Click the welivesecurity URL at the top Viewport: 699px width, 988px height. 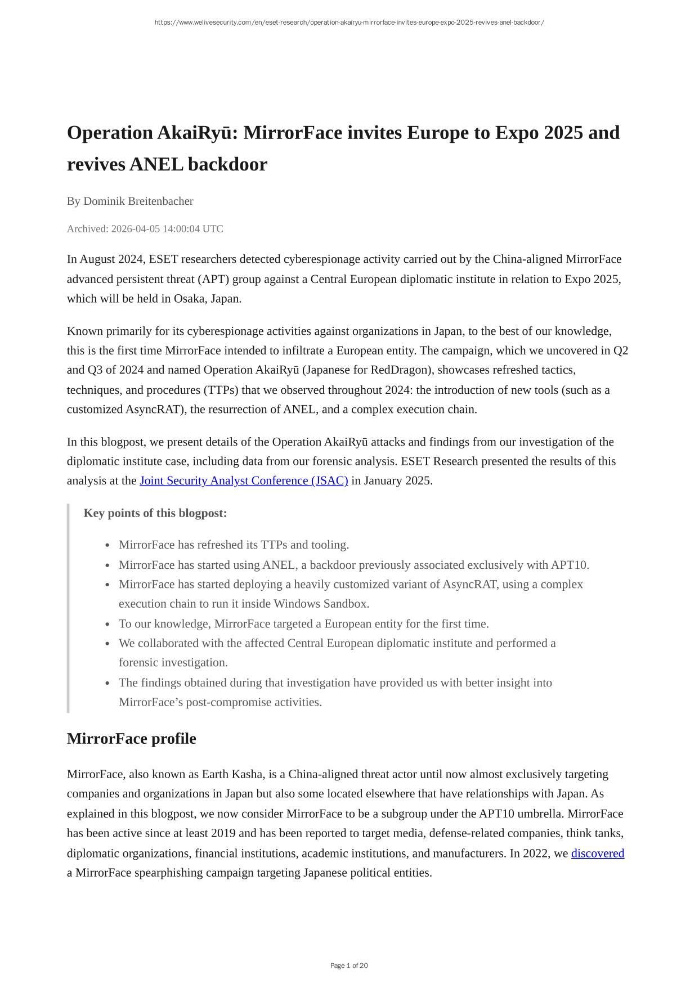click(x=349, y=23)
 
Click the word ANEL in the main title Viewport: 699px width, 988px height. click(x=156, y=165)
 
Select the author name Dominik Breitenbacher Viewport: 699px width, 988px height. click(x=138, y=201)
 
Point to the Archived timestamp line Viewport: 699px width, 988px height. click(x=145, y=229)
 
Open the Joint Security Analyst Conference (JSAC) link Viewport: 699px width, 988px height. click(x=244, y=481)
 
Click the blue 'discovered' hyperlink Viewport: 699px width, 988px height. click(x=597, y=854)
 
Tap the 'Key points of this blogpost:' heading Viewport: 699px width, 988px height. click(x=155, y=514)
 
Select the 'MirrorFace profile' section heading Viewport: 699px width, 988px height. click(x=132, y=739)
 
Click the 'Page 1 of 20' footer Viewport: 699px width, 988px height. click(x=349, y=965)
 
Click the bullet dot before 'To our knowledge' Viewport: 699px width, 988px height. click(x=107, y=625)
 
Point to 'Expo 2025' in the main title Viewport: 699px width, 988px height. click(x=539, y=133)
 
